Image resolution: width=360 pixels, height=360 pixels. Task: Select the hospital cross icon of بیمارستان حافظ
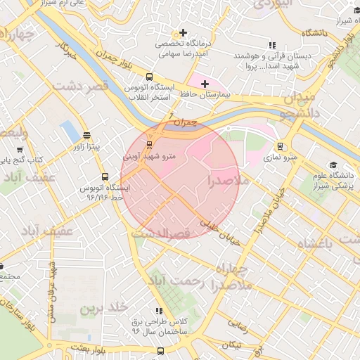point(205,84)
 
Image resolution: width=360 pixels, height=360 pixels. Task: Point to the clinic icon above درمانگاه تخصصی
point(184,32)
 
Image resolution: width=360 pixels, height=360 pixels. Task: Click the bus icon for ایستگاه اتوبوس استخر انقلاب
point(149,77)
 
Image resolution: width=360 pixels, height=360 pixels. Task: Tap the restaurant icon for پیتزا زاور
point(86,136)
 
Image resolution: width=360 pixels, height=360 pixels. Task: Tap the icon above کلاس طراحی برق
point(160,310)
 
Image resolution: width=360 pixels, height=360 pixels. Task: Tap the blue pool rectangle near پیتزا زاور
point(69,130)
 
